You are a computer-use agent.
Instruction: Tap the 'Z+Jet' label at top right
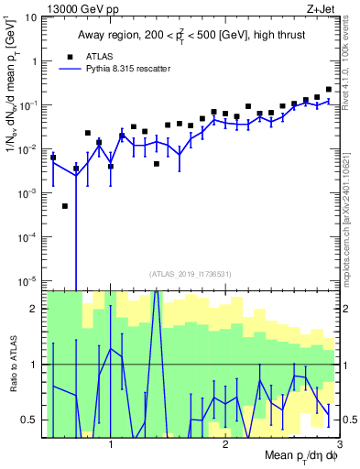[334, 8]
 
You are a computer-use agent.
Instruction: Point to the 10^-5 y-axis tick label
[30, 280]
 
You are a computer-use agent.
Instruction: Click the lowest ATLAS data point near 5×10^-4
[65, 206]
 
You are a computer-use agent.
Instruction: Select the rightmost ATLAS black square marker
[329, 90]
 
